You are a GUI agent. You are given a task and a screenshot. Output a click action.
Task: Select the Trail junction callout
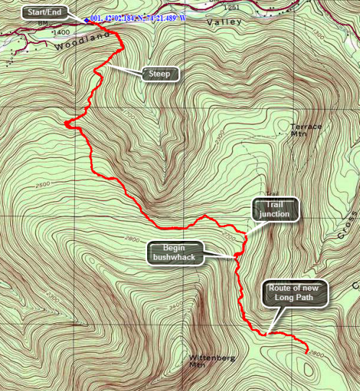tap(275, 209)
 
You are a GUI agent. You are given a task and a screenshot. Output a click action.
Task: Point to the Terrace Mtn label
tap(306, 130)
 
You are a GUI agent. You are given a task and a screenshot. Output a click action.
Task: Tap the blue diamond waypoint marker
tap(86, 19)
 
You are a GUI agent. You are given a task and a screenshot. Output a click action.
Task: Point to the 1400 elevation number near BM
tap(61, 32)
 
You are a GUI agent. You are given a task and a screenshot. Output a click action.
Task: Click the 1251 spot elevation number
tap(231, 6)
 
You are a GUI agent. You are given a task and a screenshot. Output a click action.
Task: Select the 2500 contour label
tap(43, 185)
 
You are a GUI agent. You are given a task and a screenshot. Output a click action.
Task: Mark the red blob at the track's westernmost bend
tap(69, 125)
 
